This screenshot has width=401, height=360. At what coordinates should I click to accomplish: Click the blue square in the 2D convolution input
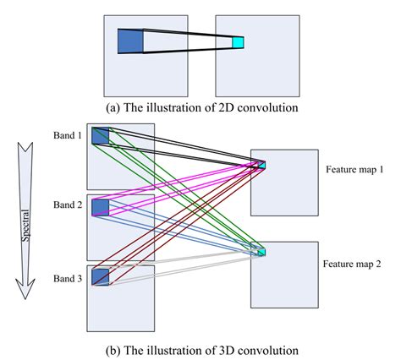(x=130, y=41)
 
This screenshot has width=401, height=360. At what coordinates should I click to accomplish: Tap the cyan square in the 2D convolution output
(x=238, y=42)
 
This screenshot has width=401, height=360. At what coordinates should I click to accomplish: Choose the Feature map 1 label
(x=354, y=170)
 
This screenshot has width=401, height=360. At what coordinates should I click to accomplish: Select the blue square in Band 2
(x=101, y=207)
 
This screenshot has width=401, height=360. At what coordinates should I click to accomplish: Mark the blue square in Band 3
(x=101, y=276)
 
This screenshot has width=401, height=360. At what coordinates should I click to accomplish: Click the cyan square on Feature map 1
(x=261, y=164)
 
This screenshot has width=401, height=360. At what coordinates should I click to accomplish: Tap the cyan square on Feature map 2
(x=261, y=251)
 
